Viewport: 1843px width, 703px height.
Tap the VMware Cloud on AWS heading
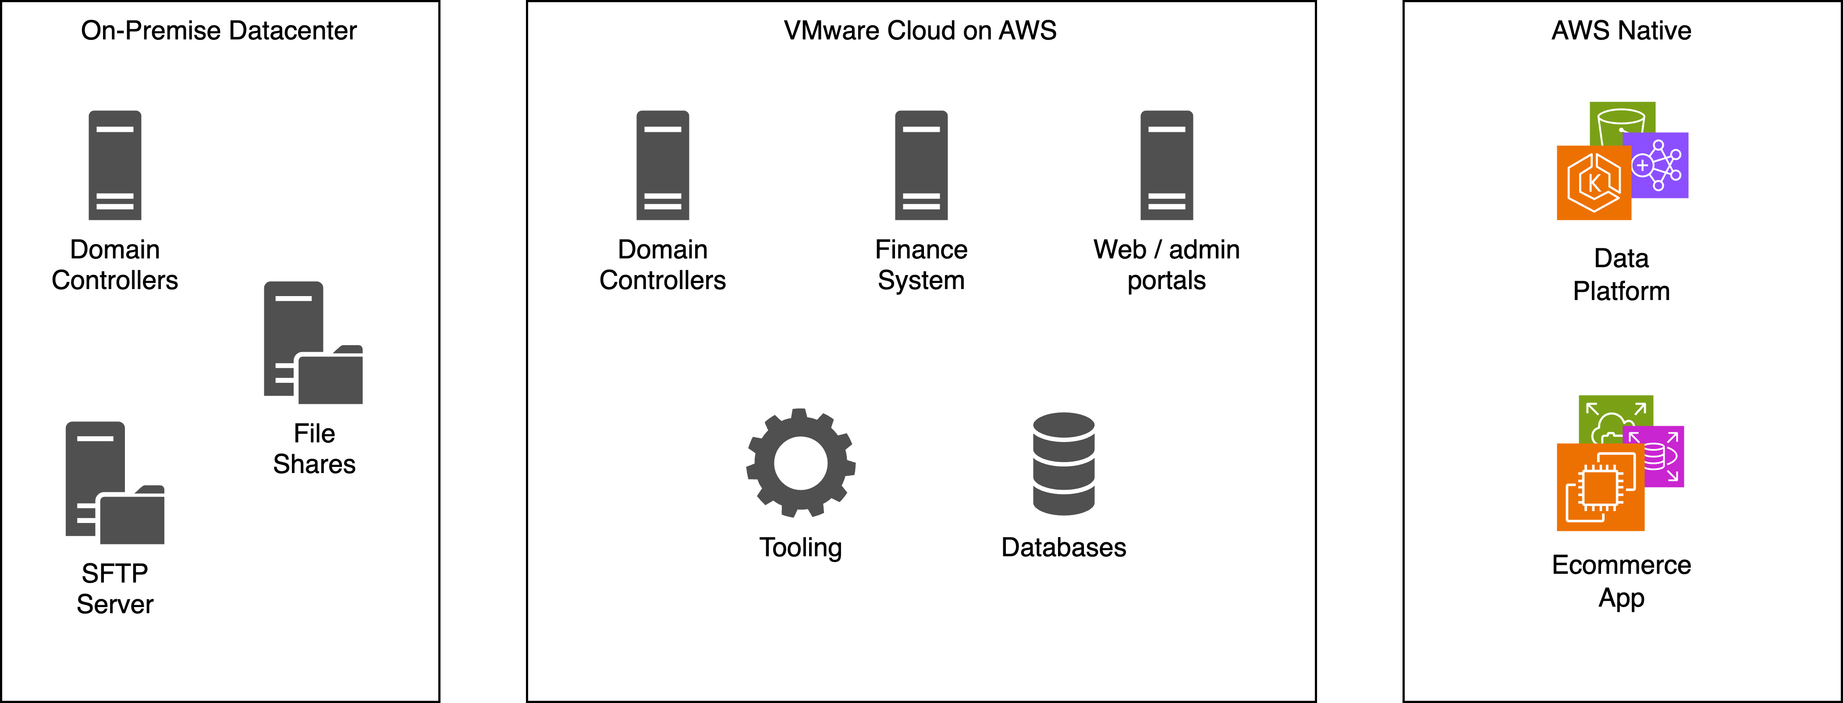(920, 31)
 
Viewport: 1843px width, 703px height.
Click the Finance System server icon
(921, 165)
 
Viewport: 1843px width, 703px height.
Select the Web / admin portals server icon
(1166, 165)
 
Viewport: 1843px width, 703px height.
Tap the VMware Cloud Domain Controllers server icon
(663, 165)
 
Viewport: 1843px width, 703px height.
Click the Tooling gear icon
(801, 463)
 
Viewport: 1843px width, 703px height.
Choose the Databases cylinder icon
(1063, 463)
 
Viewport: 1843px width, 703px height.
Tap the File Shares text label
(314, 449)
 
